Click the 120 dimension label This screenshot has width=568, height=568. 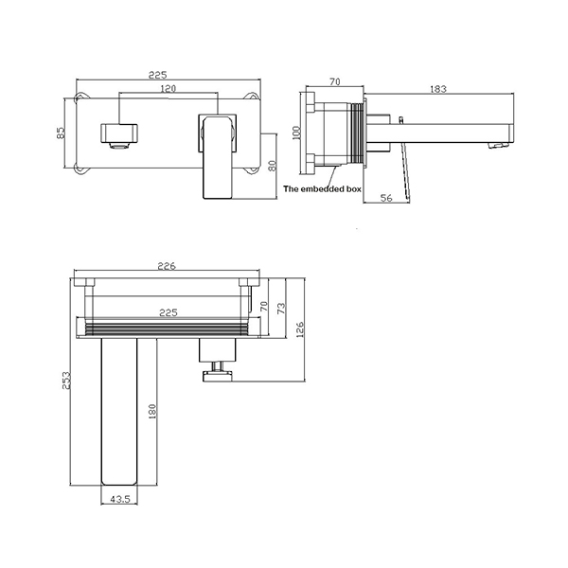point(168,88)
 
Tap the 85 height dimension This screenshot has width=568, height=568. point(61,133)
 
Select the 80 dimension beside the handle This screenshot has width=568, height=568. point(273,166)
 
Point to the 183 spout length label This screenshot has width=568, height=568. point(438,89)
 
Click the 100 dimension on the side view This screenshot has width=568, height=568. point(296,133)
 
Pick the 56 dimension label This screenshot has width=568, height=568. point(386,198)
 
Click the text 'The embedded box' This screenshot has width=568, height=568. point(322,188)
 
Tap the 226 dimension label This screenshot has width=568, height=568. point(167,266)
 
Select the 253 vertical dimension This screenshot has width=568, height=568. point(65,381)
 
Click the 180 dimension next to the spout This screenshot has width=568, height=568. point(152,412)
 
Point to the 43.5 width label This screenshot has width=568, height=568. point(120,499)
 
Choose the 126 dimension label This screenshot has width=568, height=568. point(300,329)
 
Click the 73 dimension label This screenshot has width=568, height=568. point(281,309)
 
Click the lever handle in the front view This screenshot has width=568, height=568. point(217,156)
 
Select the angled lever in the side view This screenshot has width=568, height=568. point(404,169)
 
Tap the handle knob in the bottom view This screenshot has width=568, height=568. point(218,377)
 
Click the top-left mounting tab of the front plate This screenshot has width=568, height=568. point(81,98)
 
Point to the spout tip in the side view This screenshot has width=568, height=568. point(502,145)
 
